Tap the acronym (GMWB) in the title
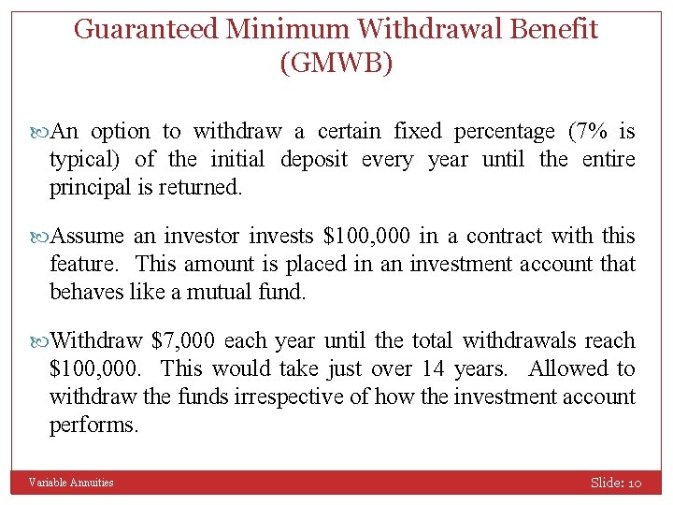(336, 64)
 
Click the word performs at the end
(93, 425)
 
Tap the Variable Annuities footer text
(71, 483)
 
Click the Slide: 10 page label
(615, 483)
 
